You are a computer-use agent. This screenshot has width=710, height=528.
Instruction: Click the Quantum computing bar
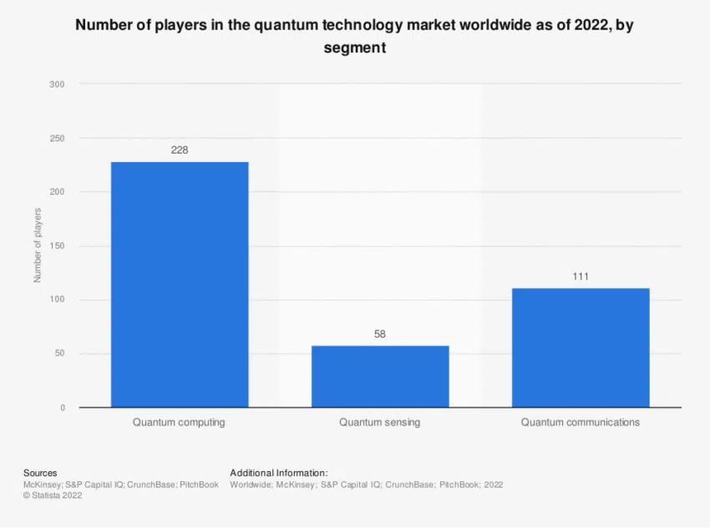(x=180, y=284)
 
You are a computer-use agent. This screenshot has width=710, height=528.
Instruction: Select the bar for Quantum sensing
(x=380, y=376)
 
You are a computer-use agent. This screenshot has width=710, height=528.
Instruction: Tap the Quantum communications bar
(x=581, y=348)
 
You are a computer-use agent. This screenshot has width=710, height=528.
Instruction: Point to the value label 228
(x=180, y=150)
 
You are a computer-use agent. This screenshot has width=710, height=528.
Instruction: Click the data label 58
(x=380, y=334)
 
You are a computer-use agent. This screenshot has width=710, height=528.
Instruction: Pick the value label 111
(x=581, y=277)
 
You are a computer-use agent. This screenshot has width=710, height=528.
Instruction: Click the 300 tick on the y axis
(x=57, y=84)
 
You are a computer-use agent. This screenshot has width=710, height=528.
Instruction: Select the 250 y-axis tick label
(x=57, y=138)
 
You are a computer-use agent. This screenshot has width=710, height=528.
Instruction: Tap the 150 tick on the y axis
(x=57, y=246)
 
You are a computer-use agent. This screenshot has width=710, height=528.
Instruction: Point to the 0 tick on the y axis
(x=62, y=408)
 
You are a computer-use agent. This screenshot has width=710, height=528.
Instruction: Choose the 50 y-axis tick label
(x=59, y=354)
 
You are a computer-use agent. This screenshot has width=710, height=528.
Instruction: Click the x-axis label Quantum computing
(x=179, y=423)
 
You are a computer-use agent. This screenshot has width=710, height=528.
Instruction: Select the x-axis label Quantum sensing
(x=380, y=423)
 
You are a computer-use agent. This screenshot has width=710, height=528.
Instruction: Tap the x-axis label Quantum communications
(x=581, y=423)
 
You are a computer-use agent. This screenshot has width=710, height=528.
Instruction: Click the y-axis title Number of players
(x=38, y=244)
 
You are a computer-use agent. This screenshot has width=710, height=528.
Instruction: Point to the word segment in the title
(x=355, y=48)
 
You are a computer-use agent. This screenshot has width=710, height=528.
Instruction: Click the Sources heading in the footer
(x=40, y=472)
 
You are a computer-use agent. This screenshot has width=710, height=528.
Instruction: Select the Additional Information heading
(x=278, y=472)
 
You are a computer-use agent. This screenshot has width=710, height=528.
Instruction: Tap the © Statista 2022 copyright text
(x=53, y=495)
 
